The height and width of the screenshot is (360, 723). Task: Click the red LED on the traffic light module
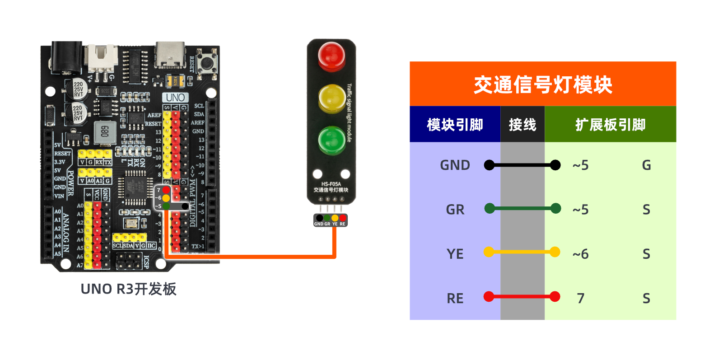coord(331,56)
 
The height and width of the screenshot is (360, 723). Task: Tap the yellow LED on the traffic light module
coord(332,98)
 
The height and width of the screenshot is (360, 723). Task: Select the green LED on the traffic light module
coord(331,140)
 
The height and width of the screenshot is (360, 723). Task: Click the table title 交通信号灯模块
coord(543,84)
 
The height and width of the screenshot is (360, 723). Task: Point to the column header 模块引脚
coord(455,125)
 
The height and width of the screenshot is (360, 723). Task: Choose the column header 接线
coord(522,125)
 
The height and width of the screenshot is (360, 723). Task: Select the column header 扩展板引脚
coord(610,125)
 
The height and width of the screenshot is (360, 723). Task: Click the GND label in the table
coord(455,165)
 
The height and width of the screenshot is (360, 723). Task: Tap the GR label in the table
coord(455,210)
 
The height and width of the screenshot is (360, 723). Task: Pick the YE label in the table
coord(455,254)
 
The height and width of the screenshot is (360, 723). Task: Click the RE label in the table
coord(455,298)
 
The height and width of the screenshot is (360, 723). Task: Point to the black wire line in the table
coord(522,165)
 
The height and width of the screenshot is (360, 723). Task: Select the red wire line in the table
coord(522,297)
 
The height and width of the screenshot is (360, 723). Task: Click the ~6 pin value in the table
coord(580,254)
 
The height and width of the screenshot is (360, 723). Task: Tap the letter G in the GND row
coord(646,165)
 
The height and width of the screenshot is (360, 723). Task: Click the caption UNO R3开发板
coord(128,289)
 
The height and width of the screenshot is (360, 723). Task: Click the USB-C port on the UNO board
coord(170,55)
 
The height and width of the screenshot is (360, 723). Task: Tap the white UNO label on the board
coord(175,98)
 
